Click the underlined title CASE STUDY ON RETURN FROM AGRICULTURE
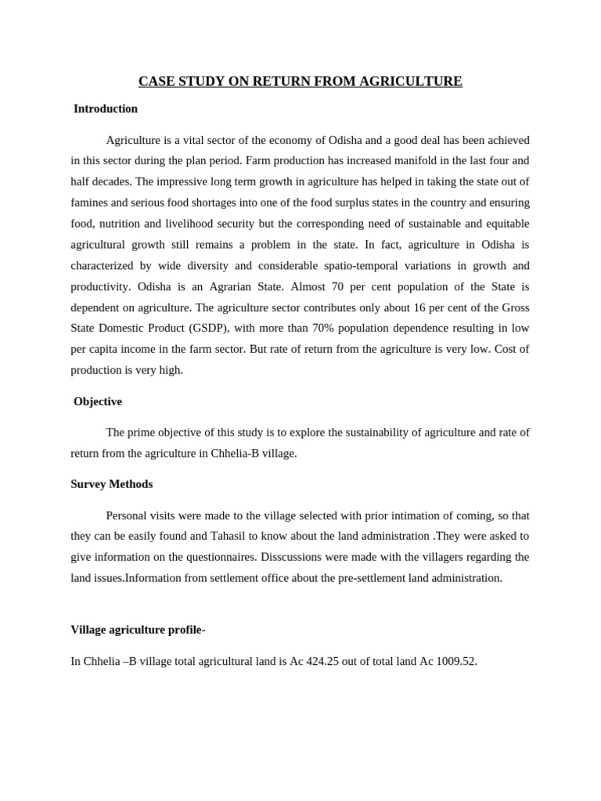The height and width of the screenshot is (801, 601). click(x=300, y=81)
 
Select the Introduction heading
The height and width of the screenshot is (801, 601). click(x=106, y=109)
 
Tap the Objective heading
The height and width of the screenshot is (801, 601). click(x=98, y=401)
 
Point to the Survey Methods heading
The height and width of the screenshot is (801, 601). click(x=112, y=484)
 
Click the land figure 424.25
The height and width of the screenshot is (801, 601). click(x=308, y=661)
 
